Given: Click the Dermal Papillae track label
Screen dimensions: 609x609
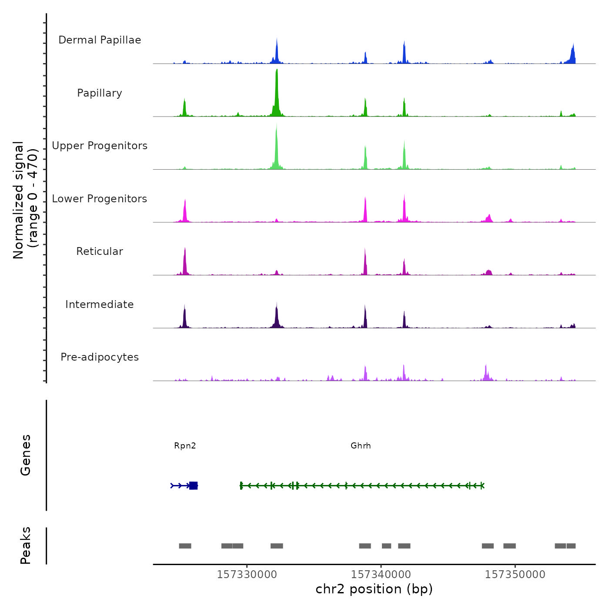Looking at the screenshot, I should pyautogui.click(x=100, y=40).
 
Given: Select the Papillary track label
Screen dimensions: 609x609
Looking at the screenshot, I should pyautogui.click(x=100, y=93).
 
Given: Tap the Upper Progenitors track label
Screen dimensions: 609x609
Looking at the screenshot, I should pyautogui.click(x=100, y=146).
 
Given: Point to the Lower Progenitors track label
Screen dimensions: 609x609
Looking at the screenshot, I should pyautogui.click(x=100, y=199).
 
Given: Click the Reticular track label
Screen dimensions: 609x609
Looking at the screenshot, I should pyautogui.click(x=100, y=251).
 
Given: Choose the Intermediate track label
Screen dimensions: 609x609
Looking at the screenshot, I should pyautogui.click(x=100, y=304).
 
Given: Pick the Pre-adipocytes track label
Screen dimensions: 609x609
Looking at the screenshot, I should pyautogui.click(x=100, y=357).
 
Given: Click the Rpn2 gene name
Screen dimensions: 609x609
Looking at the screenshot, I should pyautogui.click(x=185, y=446).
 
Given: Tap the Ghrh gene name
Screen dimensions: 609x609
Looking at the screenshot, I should pyautogui.click(x=361, y=446).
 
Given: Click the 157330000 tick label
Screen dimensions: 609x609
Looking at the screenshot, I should pyautogui.click(x=247, y=575).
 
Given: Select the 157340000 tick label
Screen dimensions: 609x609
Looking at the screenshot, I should pyautogui.click(x=381, y=575).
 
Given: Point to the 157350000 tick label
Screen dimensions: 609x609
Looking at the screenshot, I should pyautogui.click(x=515, y=575).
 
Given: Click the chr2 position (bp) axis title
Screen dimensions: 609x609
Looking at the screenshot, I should pyautogui.click(x=374, y=589).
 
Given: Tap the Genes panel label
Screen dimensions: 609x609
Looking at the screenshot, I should pyautogui.click(x=26, y=455).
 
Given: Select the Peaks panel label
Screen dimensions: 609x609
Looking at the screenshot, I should pyautogui.click(x=26, y=545).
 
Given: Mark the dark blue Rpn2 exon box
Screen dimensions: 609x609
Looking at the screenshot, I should pyautogui.click(x=194, y=485).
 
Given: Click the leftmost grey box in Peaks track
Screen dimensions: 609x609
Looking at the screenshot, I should pyautogui.click(x=185, y=546).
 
